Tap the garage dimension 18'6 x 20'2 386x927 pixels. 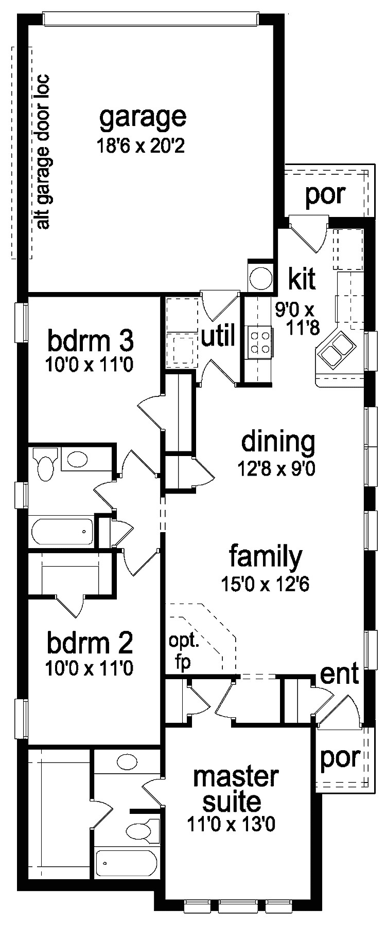click(141, 147)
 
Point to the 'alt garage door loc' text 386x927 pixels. click(43, 152)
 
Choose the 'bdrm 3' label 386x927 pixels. click(91, 340)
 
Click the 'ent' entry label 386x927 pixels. click(339, 675)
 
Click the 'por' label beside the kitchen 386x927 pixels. click(325, 194)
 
